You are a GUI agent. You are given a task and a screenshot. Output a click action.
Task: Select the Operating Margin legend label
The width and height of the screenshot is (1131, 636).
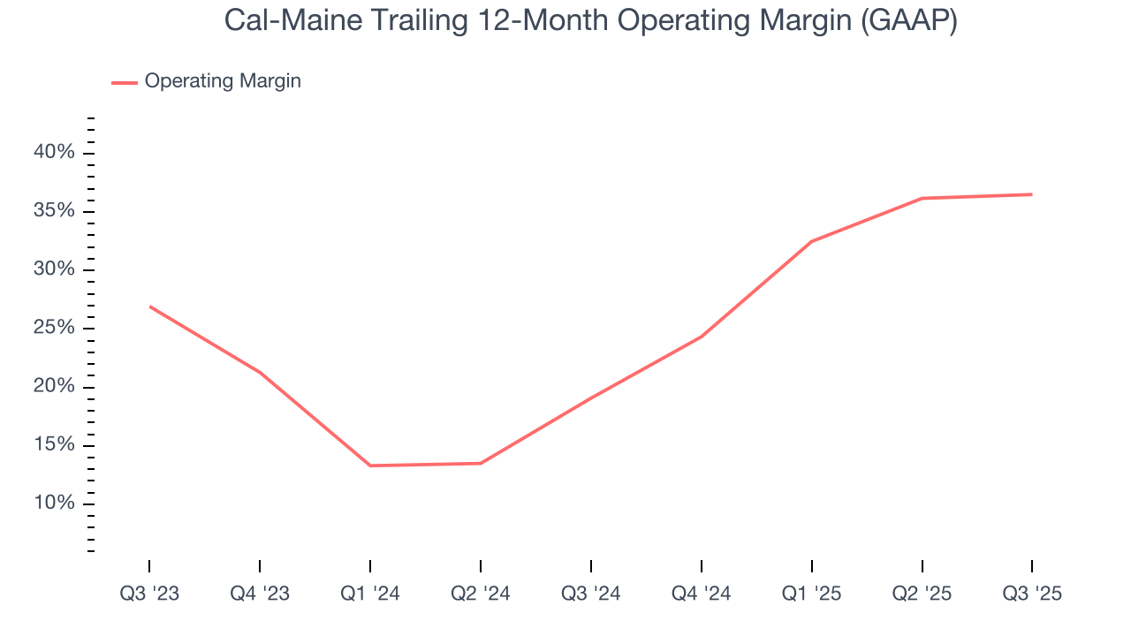[x=223, y=81]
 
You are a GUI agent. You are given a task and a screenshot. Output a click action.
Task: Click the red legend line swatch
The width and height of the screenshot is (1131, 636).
[x=124, y=82]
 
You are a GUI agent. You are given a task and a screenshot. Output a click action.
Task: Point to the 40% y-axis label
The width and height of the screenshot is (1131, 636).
[x=55, y=153]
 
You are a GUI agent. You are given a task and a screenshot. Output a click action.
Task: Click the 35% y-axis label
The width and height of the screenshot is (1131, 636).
[x=55, y=211]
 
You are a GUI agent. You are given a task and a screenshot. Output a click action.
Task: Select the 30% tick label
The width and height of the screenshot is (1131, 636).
[x=55, y=269]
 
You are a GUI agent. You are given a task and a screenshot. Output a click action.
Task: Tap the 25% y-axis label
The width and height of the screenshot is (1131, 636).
[x=55, y=329]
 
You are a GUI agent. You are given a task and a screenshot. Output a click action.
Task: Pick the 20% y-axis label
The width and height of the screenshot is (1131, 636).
[x=55, y=387]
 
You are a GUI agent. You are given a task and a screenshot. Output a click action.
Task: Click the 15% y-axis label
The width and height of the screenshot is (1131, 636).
[x=55, y=445]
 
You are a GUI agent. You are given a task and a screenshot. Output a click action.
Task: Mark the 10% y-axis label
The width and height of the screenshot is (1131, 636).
[x=55, y=503]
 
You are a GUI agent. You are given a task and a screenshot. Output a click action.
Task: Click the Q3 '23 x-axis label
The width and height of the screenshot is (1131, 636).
[x=149, y=594]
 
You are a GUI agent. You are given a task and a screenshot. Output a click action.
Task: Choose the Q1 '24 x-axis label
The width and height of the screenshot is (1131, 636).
[x=370, y=594]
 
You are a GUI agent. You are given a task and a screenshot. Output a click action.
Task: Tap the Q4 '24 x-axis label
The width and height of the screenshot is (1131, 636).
[x=702, y=594]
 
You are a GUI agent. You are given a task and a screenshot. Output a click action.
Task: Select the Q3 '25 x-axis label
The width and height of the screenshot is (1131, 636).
[x=1032, y=594]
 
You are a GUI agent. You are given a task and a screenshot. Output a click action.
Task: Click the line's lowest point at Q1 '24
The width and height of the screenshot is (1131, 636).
[x=370, y=466]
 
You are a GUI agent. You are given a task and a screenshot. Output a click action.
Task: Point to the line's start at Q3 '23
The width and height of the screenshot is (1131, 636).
[x=150, y=307]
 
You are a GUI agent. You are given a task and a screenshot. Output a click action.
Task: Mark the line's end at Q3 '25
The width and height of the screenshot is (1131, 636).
[x=1031, y=194]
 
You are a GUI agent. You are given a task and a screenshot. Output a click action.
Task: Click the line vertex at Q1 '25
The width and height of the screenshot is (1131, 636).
[x=811, y=241]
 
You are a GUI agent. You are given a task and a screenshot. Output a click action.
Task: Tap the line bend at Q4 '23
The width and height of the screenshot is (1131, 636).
[x=260, y=372]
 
